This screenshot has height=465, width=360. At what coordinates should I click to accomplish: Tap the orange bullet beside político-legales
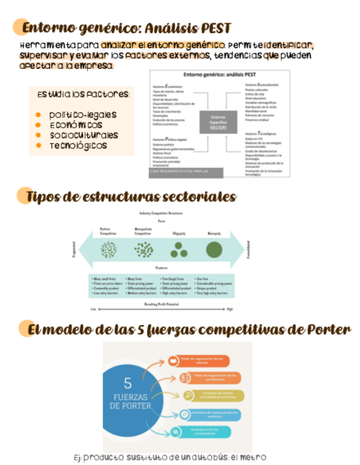(x=38, y=115)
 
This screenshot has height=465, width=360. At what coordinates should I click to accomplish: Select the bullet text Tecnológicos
(x=78, y=146)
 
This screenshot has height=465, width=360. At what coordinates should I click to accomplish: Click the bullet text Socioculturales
(x=83, y=135)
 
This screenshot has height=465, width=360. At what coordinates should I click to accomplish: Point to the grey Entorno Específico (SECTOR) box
(x=218, y=122)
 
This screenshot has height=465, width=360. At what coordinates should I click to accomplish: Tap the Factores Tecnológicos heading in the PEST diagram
(x=261, y=134)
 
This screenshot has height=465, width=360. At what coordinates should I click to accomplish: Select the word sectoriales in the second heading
(x=196, y=197)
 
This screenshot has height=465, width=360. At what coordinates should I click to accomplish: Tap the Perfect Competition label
(x=108, y=231)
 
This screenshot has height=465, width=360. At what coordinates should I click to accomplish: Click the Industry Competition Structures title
(x=161, y=213)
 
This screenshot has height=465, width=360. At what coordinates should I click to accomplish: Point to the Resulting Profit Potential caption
(x=161, y=303)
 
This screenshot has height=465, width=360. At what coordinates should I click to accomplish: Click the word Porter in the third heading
(x=328, y=330)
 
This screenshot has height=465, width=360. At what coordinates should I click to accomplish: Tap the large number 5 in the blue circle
(x=127, y=382)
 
